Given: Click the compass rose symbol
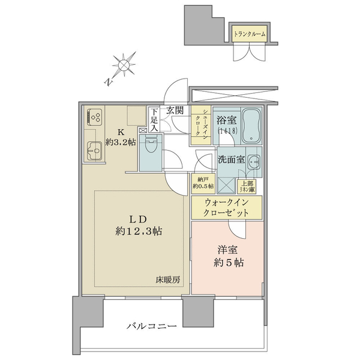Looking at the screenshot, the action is pos(124,64).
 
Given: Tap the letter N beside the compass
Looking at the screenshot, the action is pos(108,82).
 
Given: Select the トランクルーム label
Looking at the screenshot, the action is pos(250,34).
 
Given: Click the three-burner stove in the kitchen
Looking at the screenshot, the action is pos(94,117).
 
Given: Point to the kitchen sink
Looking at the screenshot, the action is pos(94,151).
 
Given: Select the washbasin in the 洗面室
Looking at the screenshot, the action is pos(254,162).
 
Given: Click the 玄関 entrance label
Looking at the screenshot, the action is pos(175,110).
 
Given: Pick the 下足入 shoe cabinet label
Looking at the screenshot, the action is pos(154,119).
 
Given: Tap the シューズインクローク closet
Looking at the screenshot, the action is pos(201,125).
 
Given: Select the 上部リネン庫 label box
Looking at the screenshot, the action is pos(247,186).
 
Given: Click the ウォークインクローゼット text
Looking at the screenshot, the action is pos(226,208).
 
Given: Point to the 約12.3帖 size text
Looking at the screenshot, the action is pos(139,232).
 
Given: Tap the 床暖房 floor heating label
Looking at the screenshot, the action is pos(168,280).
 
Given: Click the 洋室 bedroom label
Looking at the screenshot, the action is pos(228,250).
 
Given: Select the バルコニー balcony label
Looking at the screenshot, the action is pos(152,326).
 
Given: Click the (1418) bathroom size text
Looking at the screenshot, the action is pos(227,131).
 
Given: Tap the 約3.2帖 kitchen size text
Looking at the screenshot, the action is pos(121,142).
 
